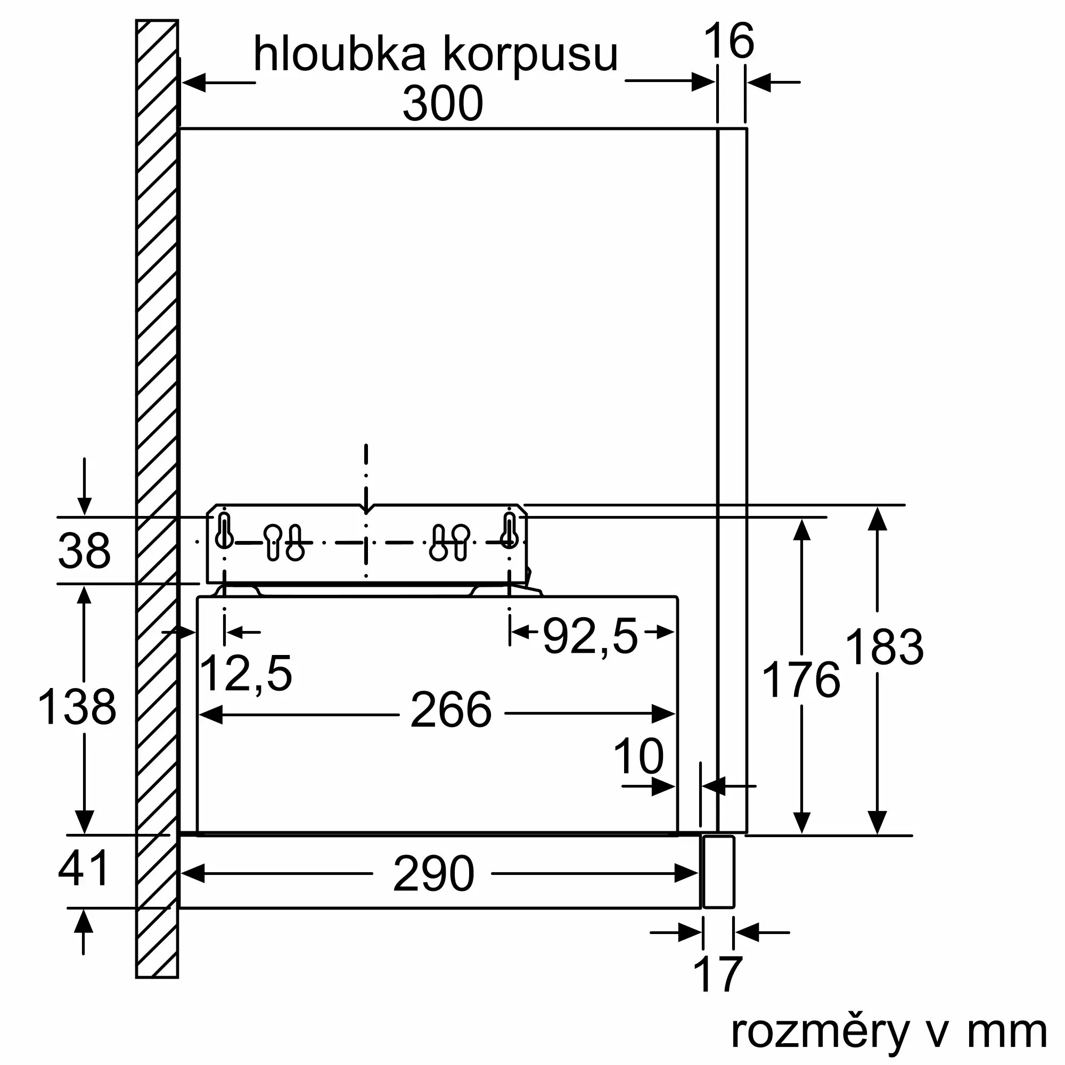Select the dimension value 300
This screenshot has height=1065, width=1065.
tap(443, 104)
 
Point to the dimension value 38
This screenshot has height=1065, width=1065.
tap(84, 551)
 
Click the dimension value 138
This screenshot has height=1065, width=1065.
tap(77, 707)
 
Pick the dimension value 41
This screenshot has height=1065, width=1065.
tap(83, 869)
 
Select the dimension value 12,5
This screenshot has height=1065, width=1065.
tap(246, 674)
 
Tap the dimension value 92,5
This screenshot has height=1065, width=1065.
tap(591, 636)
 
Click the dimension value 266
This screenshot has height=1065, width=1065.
tap(451, 710)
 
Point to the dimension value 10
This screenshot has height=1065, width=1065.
tap(638, 757)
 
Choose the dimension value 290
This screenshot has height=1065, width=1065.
tap(434, 874)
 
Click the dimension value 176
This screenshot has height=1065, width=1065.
tap(801, 681)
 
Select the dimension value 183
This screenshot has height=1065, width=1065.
tap(884, 647)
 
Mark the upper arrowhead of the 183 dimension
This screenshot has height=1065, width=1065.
tap(877, 519)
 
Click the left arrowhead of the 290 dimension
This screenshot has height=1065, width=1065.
tap(193, 874)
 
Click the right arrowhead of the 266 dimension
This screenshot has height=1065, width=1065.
tap(663, 714)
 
